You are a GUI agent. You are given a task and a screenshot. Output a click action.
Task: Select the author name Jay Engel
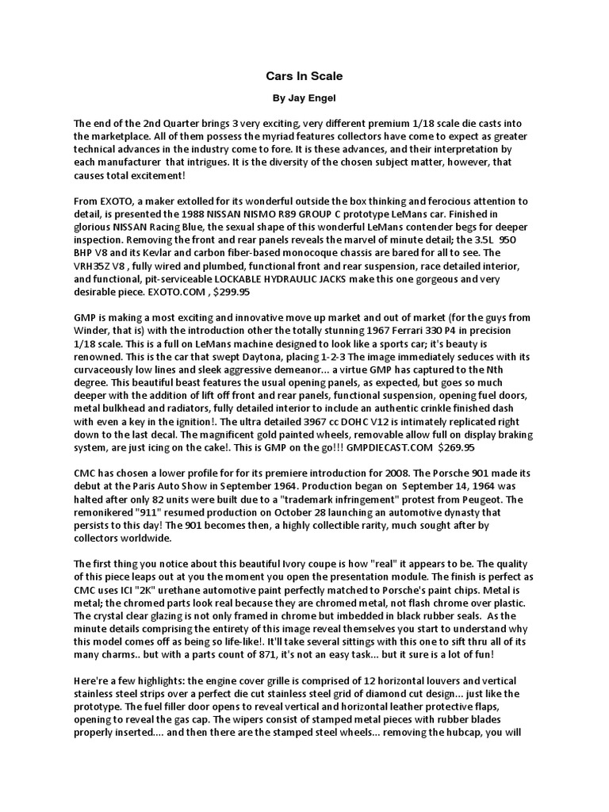(x=313, y=101)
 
